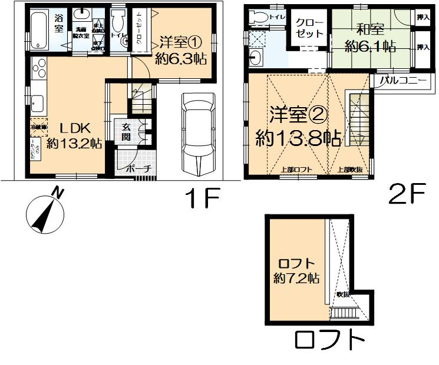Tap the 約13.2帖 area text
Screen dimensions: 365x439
coord(74,144)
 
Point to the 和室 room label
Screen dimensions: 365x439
coord(369,29)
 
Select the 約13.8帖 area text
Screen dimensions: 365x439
coord(298,138)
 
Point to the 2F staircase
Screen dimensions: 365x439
coord(358,120)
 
